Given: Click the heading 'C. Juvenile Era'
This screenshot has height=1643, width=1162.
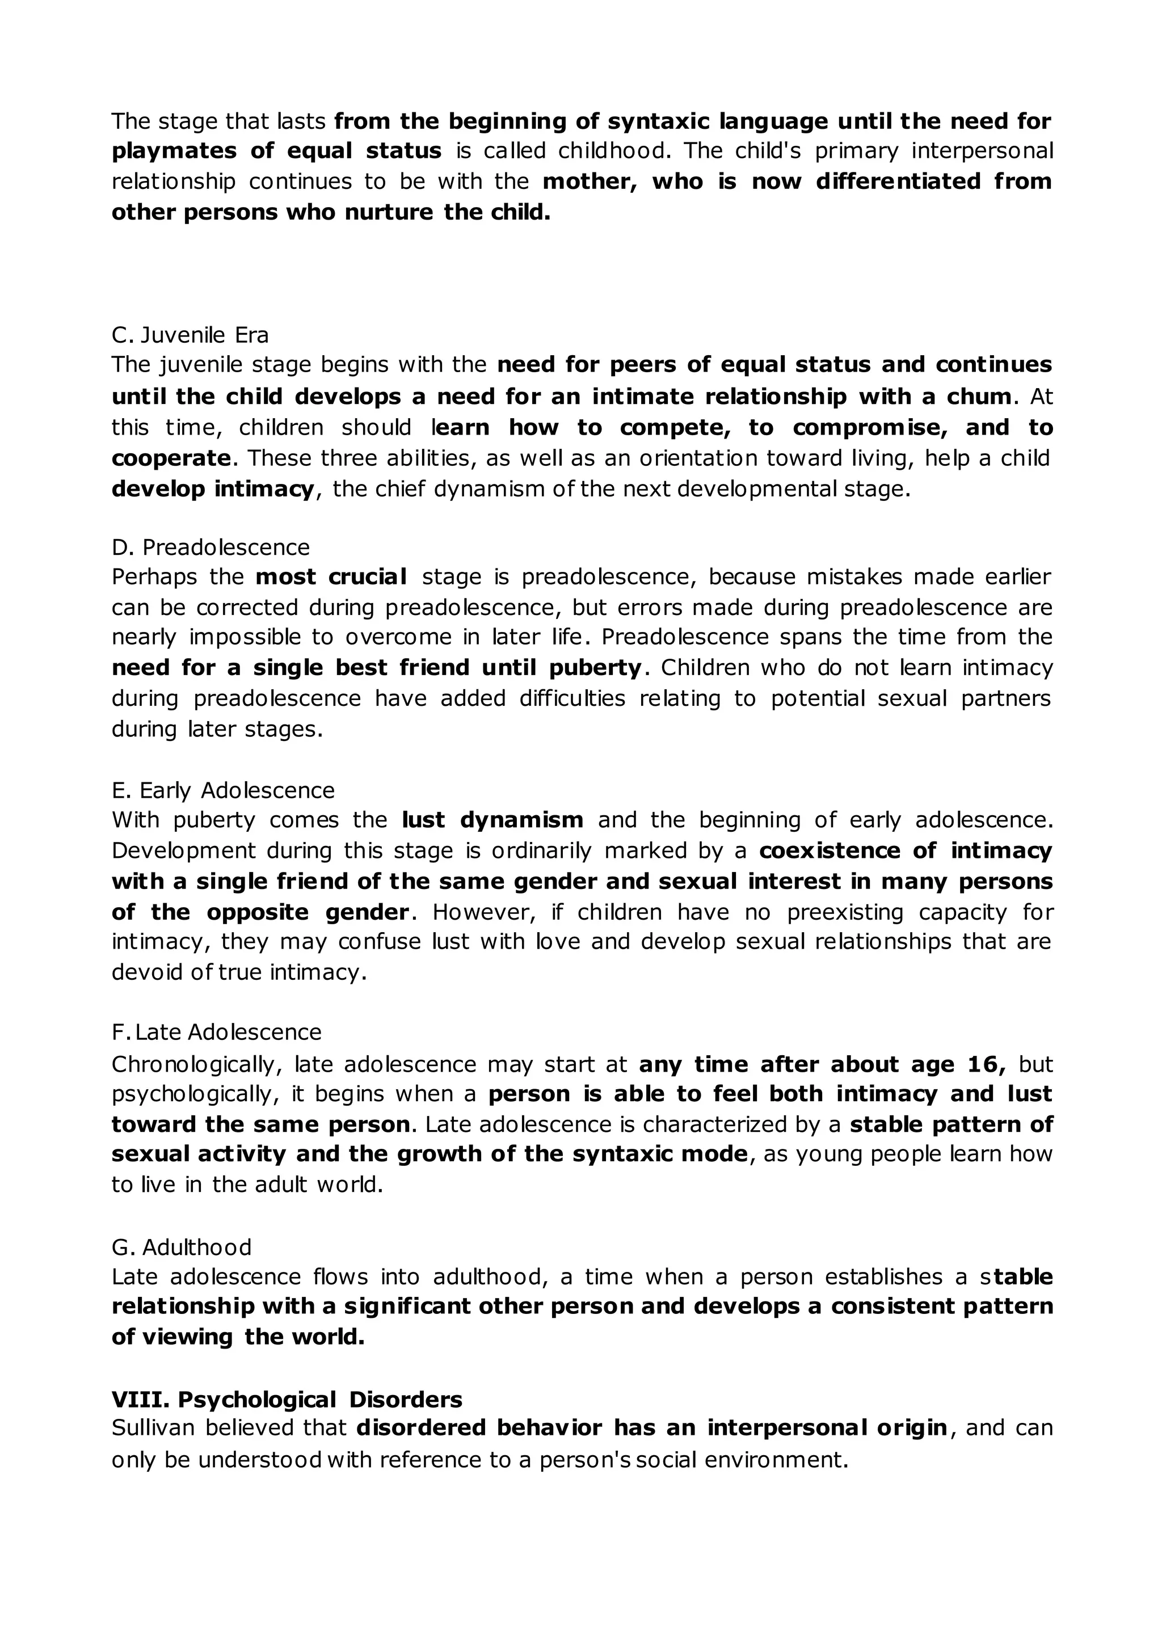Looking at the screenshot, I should [190, 335].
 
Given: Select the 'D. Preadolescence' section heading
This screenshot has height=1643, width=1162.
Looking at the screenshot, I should [211, 547].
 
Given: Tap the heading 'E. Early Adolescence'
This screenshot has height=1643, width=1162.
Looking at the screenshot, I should [223, 790].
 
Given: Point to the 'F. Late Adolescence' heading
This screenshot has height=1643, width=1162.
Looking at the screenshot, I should [217, 1032].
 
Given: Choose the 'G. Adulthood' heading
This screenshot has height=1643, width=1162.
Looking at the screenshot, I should [182, 1247].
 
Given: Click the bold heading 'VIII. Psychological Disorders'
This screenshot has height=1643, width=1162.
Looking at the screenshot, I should [287, 1399].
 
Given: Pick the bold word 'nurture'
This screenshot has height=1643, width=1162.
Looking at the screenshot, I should [389, 213].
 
